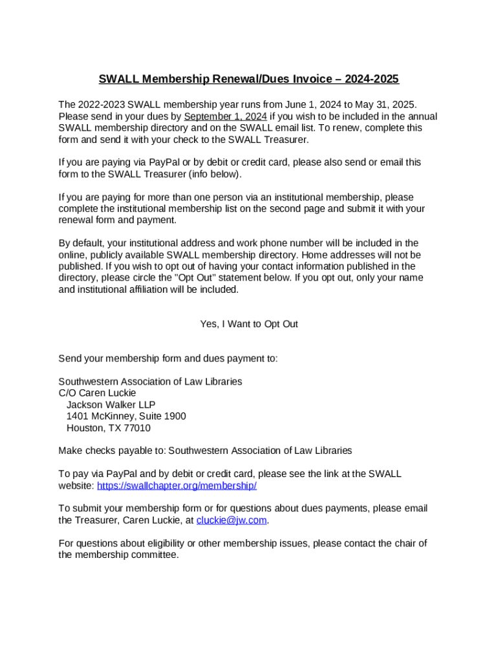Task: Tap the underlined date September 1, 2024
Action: [x=225, y=116]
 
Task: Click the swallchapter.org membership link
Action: [x=177, y=486]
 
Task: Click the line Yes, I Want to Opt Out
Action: [x=249, y=324]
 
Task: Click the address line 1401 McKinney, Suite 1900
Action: [x=126, y=416]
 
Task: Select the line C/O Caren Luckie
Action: [x=97, y=393]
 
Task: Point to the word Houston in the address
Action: [x=88, y=428]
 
